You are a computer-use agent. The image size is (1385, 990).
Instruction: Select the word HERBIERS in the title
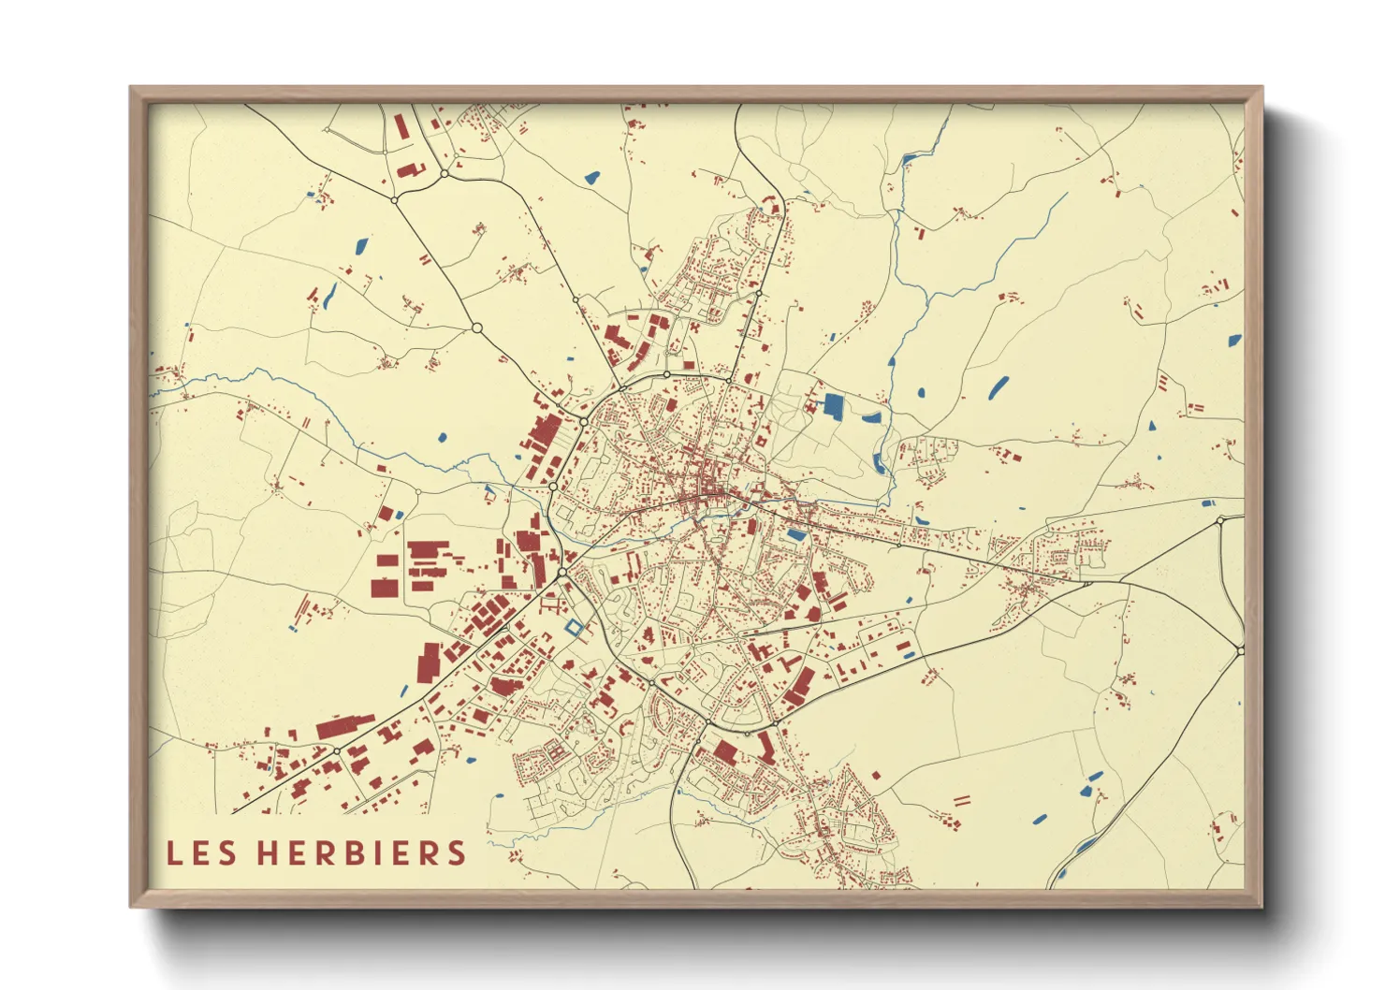coord(362,853)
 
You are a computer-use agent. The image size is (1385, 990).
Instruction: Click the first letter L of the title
coord(173,853)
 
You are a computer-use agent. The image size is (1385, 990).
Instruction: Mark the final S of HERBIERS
coord(456,853)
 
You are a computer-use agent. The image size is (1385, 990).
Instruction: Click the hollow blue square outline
coord(574,628)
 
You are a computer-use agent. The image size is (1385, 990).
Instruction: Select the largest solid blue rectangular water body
coord(832,406)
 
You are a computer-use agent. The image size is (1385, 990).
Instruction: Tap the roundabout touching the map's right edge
coord(1240,649)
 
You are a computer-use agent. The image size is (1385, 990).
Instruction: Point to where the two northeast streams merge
coord(927,298)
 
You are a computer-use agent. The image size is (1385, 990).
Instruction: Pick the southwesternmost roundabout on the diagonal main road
coord(336,750)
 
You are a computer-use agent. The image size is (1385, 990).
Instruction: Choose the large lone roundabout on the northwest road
coord(477,328)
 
